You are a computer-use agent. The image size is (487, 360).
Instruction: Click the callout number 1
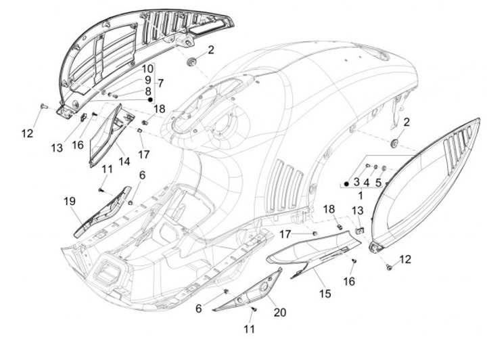tap(360, 194)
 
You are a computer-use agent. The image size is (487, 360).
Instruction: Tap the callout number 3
tap(356, 182)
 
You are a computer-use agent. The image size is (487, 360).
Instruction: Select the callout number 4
tap(367, 182)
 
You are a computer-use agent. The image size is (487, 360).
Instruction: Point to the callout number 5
tap(378, 182)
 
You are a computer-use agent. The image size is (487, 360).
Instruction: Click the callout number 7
tap(161, 83)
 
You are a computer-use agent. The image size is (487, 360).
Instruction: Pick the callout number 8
tap(147, 91)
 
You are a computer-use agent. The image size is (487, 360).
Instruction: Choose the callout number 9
tap(147, 80)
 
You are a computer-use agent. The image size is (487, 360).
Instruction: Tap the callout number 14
tap(124, 162)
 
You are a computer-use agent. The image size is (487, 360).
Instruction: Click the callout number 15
tap(325, 294)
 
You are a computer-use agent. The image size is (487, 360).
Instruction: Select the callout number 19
tap(70, 201)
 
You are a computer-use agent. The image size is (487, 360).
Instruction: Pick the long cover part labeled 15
tap(311, 250)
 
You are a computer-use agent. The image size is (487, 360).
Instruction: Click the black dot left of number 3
tap(346, 183)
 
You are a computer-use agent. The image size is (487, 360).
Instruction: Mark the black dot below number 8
tap(150, 99)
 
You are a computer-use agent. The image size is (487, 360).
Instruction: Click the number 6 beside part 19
tap(142, 175)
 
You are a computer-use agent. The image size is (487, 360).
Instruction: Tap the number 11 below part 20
tap(250, 329)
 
